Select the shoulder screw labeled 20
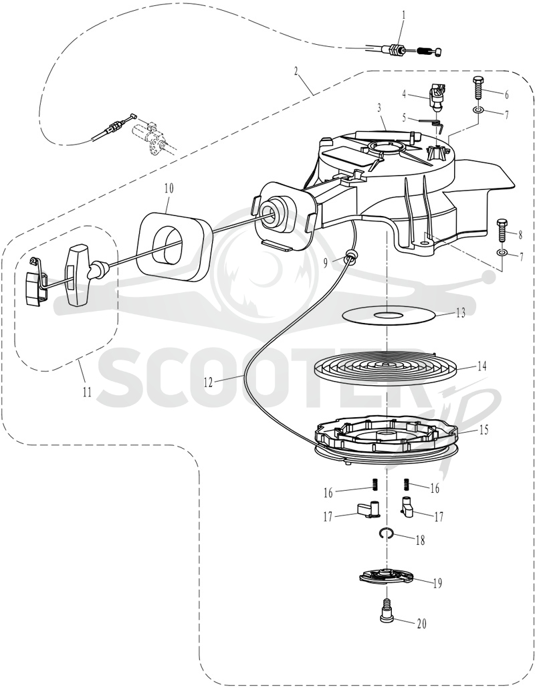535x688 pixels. [x=387, y=610]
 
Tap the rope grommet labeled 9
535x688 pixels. [x=350, y=256]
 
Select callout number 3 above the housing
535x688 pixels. [x=379, y=108]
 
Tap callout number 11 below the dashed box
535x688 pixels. [x=88, y=391]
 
